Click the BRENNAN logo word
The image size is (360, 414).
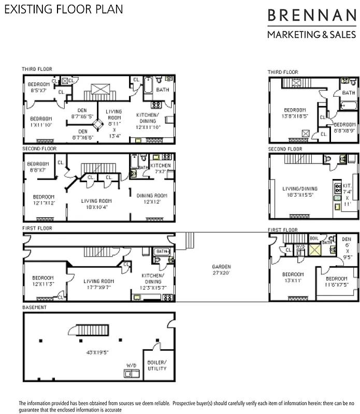click(x=311, y=16)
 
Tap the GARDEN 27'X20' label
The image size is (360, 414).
click(x=221, y=270)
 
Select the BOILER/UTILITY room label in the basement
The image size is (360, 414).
click(x=156, y=365)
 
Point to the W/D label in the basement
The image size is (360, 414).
click(x=131, y=365)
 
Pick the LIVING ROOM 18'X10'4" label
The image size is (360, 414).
click(x=96, y=204)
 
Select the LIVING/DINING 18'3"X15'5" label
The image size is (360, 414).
click(x=300, y=191)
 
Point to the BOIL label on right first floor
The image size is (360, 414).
click(x=314, y=238)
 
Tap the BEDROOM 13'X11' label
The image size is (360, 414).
click(x=293, y=277)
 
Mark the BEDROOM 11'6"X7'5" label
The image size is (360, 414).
click(x=337, y=282)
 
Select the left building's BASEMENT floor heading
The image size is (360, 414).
click(x=34, y=307)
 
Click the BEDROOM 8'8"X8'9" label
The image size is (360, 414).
click(x=344, y=127)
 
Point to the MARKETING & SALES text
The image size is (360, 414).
click(x=311, y=35)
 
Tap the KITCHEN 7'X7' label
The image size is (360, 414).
click(x=160, y=168)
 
